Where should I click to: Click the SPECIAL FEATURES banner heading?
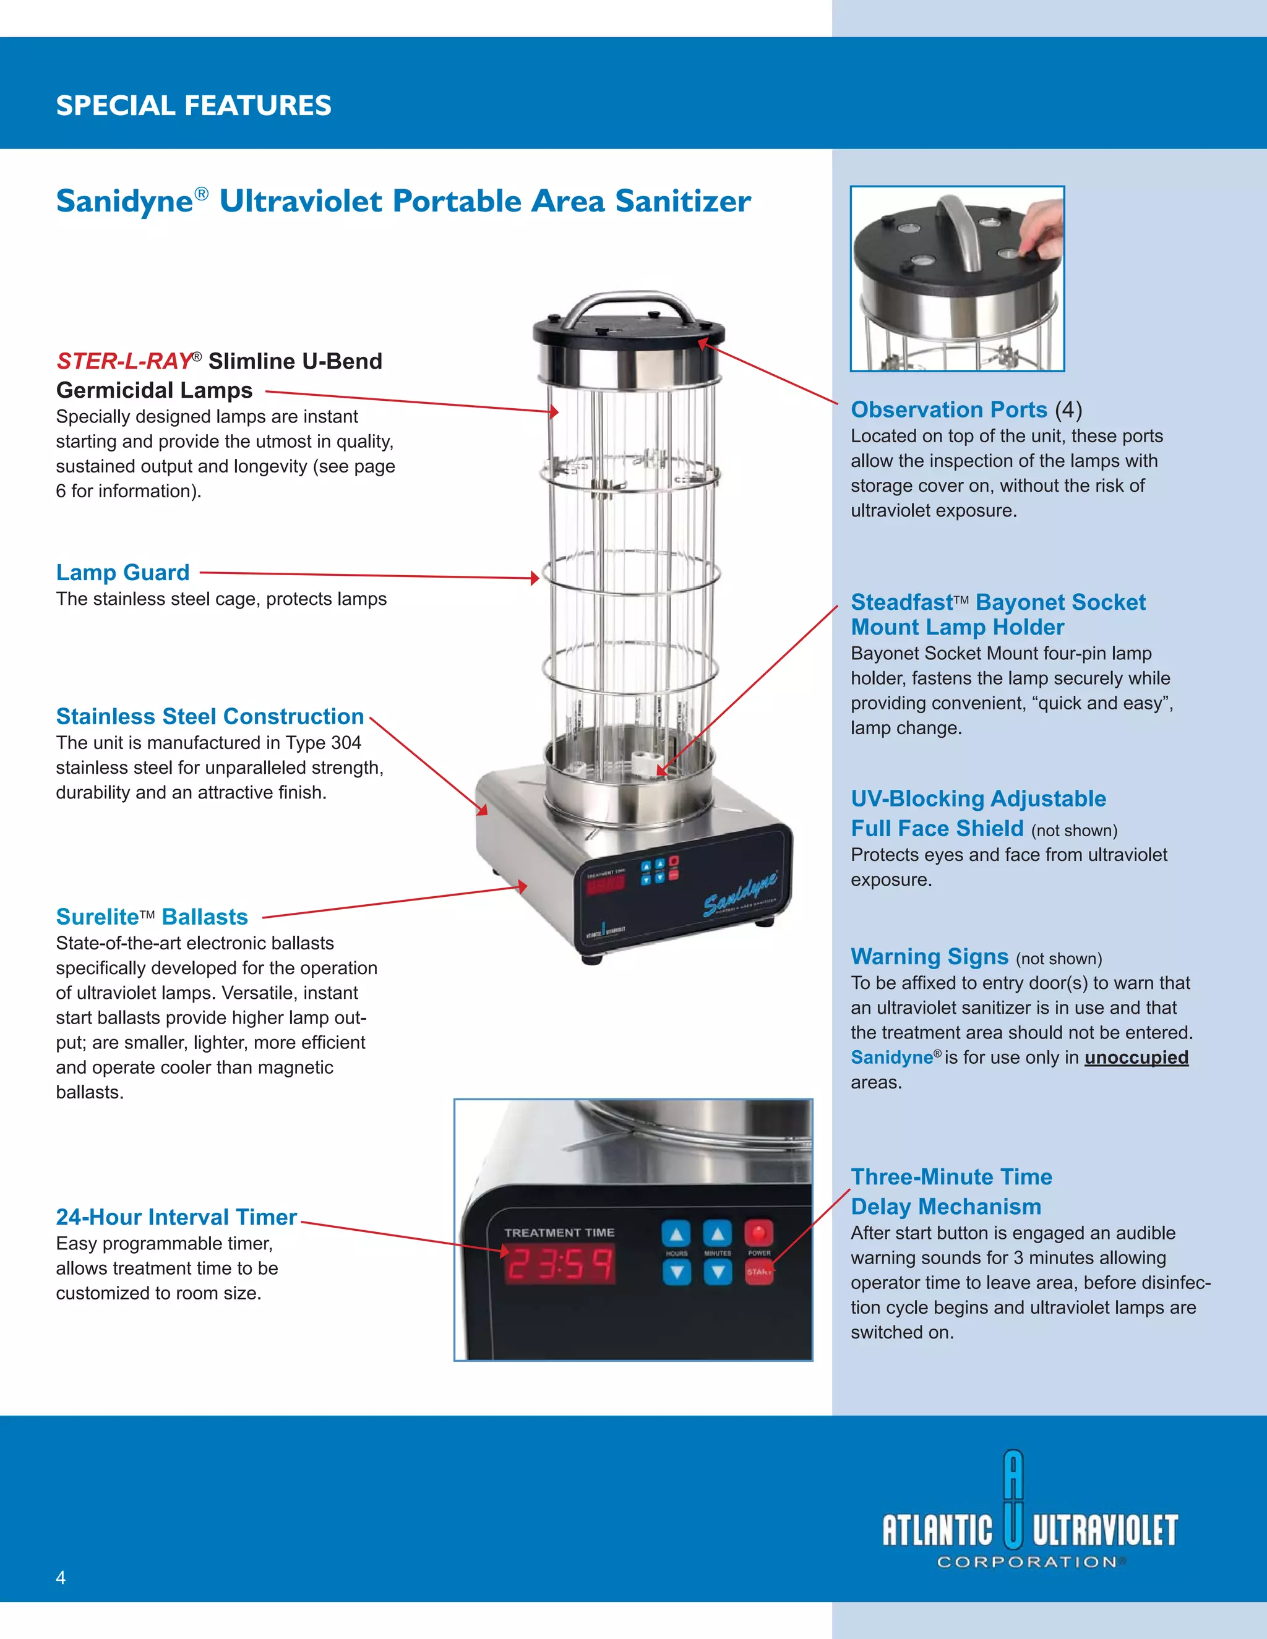click(194, 105)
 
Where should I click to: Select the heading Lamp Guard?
click(122, 573)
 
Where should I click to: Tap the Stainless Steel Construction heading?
click(210, 717)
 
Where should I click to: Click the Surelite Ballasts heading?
click(152, 917)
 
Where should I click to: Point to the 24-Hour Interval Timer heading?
click(176, 1217)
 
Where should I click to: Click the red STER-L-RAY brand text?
click(124, 361)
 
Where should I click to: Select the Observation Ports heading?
click(949, 409)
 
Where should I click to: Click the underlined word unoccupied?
click(1136, 1058)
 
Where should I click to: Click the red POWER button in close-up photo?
click(758, 1232)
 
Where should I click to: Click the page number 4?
click(61, 1578)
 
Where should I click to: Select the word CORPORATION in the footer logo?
click(1027, 1562)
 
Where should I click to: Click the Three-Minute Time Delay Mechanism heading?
click(951, 1192)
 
